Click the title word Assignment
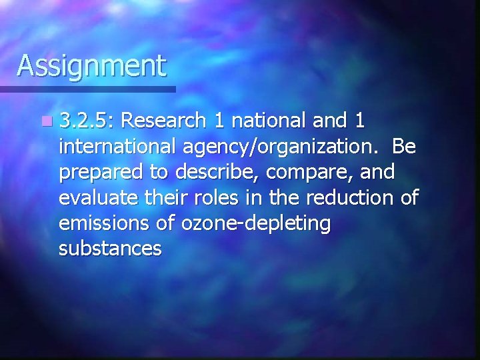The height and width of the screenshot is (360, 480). click(x=91, y=67)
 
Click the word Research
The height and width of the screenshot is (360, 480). click(x=163, y=121)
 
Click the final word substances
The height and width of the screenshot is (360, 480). click(x=110, y=249)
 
